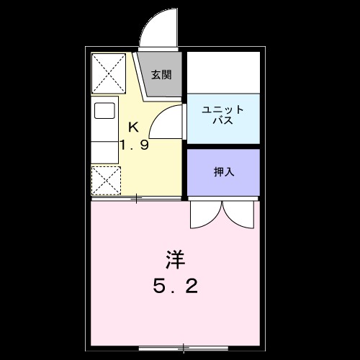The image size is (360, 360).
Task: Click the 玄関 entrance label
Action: tap(161, 73)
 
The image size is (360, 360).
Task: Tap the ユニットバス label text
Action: tap(222, 115)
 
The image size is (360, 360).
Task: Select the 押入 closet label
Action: tap(223, 173)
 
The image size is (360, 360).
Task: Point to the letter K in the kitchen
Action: tap(133, 127)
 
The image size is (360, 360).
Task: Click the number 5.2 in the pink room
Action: tap(175, 287)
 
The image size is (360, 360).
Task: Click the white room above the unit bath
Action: tap(223, 72)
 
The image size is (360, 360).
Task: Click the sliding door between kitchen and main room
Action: tap(137, 197)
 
